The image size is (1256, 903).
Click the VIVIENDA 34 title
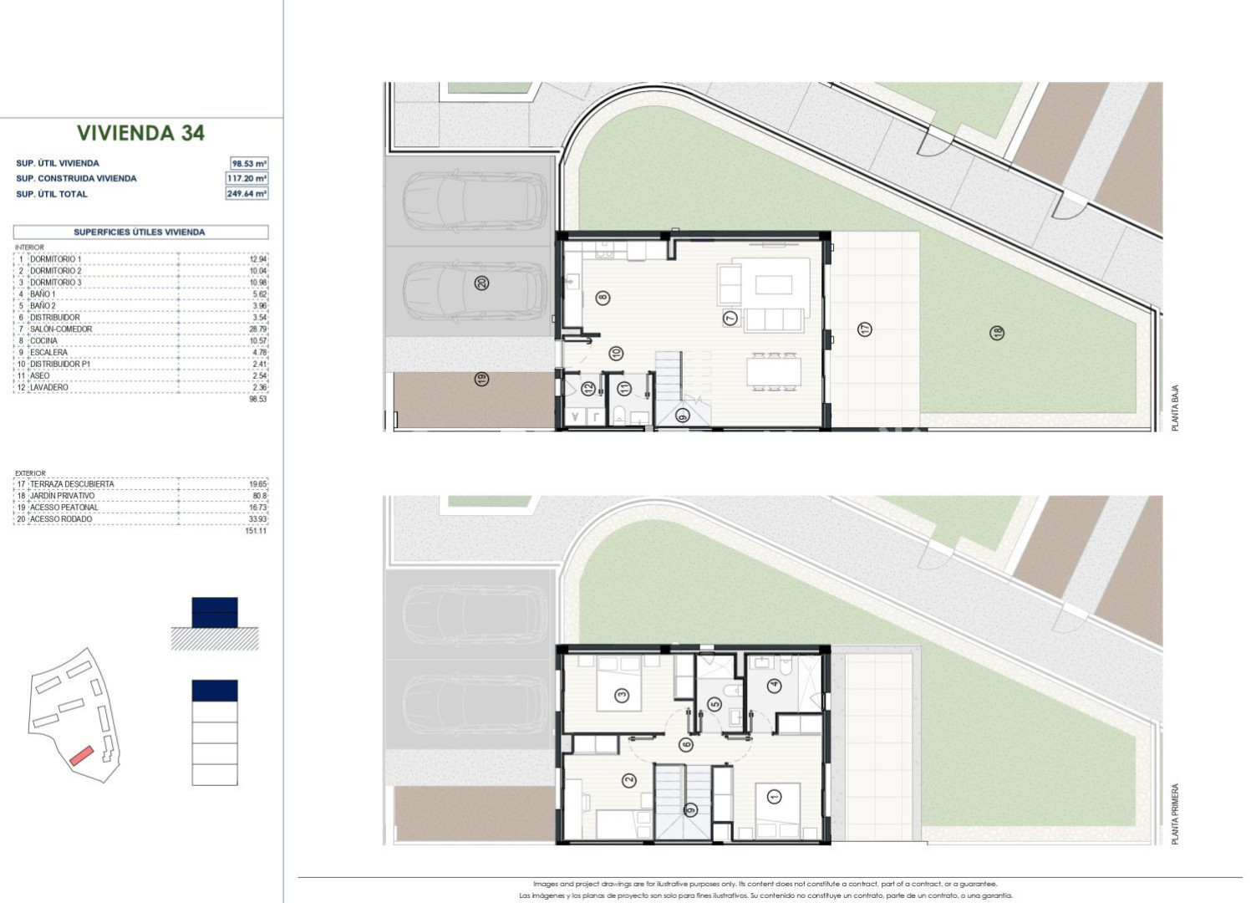click(x=140, y=133)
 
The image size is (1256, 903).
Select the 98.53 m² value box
click(x=249, y=163)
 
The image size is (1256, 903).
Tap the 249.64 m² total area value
click(x=247, y=193)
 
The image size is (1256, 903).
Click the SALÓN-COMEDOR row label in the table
click(x=61, y=329)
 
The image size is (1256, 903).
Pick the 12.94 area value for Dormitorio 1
click(x=258, y=259)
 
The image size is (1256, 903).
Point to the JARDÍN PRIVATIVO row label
click(x=62, y=496)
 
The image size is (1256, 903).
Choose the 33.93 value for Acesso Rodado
click(x=258, y=518)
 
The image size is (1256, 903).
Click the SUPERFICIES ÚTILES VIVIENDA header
click(x=140, y=232)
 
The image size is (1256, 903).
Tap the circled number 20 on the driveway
click(x=481, y=283)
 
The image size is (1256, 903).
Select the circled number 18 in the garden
click(x=997, y=333)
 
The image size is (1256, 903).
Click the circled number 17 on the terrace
click(x=865, y=329)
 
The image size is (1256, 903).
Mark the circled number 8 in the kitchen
click(x=603, y=298)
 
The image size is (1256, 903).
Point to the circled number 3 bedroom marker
click(x=622, y=696)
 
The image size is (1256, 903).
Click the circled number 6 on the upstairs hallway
click(x=686, y=745)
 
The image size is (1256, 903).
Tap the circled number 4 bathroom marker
click(x=775, y=685)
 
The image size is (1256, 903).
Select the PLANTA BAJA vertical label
click(x=1175, y=408)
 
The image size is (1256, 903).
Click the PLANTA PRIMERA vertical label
click(x=1175, y=814)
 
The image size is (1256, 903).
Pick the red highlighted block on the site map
click(x=81, y=756)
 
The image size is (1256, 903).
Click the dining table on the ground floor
click(x=773, y=370)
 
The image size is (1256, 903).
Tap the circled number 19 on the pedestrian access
click(x=481, y=380)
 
